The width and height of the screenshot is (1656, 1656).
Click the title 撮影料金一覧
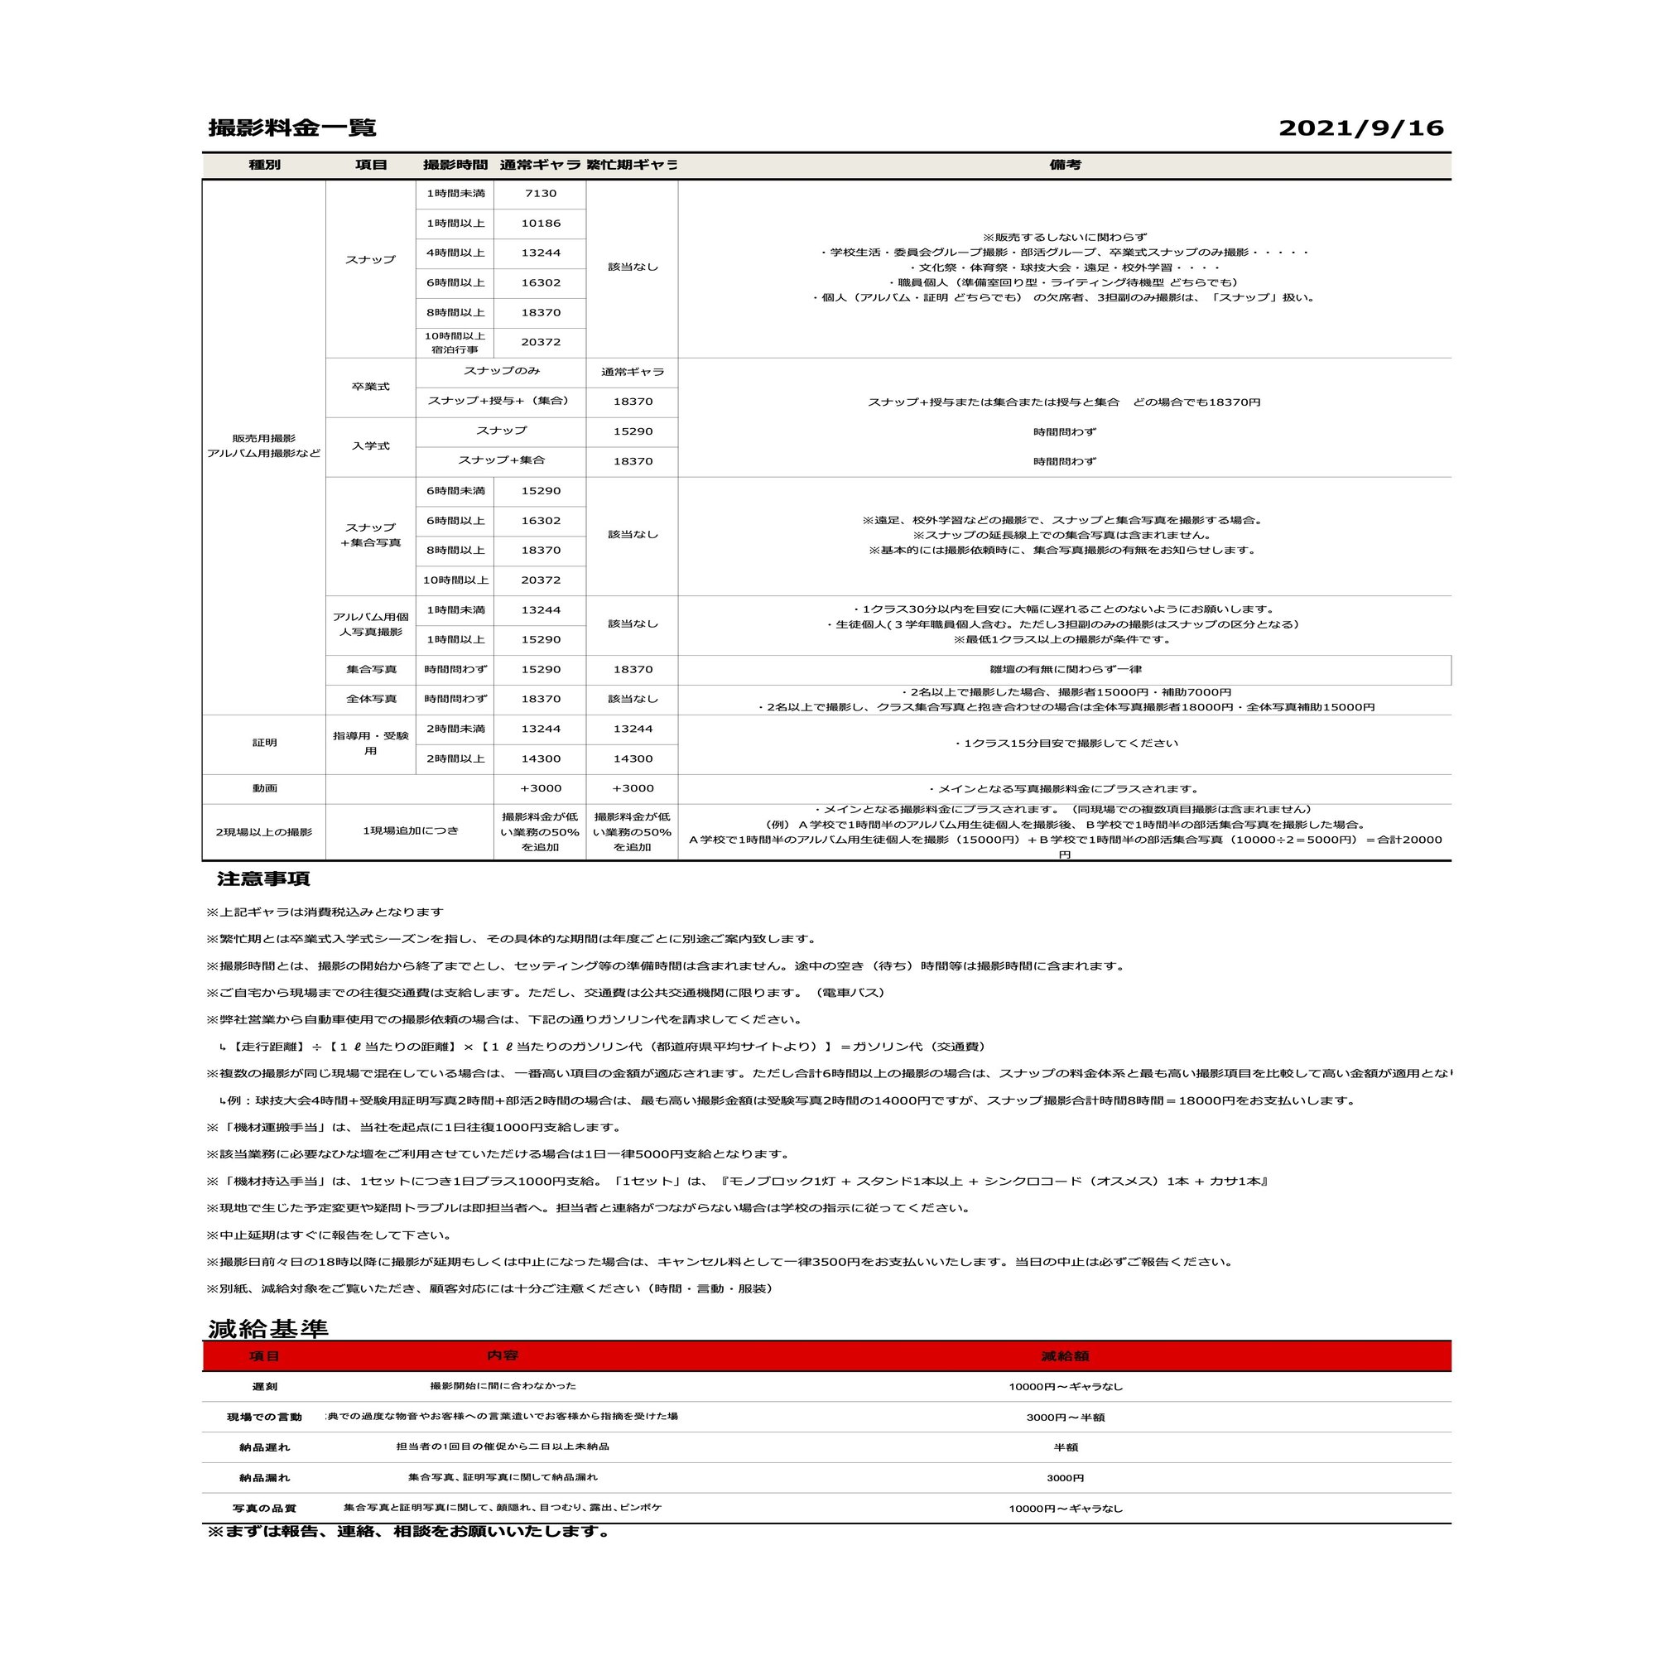pos(292,128)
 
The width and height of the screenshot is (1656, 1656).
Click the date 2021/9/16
pos(1360,128)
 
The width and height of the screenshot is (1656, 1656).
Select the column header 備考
pos(1065,165)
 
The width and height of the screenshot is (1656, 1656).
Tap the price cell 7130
pos(540,194)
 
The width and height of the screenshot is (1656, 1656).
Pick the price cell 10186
pos(540,224)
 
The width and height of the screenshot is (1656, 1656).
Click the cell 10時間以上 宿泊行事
pos(455,343)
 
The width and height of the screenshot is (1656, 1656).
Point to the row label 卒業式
pos(370,387)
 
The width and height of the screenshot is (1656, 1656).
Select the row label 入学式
pos(370,445)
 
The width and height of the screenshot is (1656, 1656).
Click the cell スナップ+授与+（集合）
pos(501,401)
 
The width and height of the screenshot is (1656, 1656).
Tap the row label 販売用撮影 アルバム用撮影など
pos(264,445)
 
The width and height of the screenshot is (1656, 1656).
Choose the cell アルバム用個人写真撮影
pos(370,624)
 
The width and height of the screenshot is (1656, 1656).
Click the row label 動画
pos(264,788)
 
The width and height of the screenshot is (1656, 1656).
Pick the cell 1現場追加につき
pos(410,831)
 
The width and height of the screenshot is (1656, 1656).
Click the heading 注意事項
pos(263,879)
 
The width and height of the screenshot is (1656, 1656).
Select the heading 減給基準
pos(268,1330)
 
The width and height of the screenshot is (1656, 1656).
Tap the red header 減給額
pos(1065,1356)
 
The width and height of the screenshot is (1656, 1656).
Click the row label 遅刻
pos(264,1387)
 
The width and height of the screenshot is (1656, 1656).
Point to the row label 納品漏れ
pos(264,1478)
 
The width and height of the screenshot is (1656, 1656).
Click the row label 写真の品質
pos(264,1509)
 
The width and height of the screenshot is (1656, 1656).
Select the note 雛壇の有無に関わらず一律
pos(1065,669)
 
